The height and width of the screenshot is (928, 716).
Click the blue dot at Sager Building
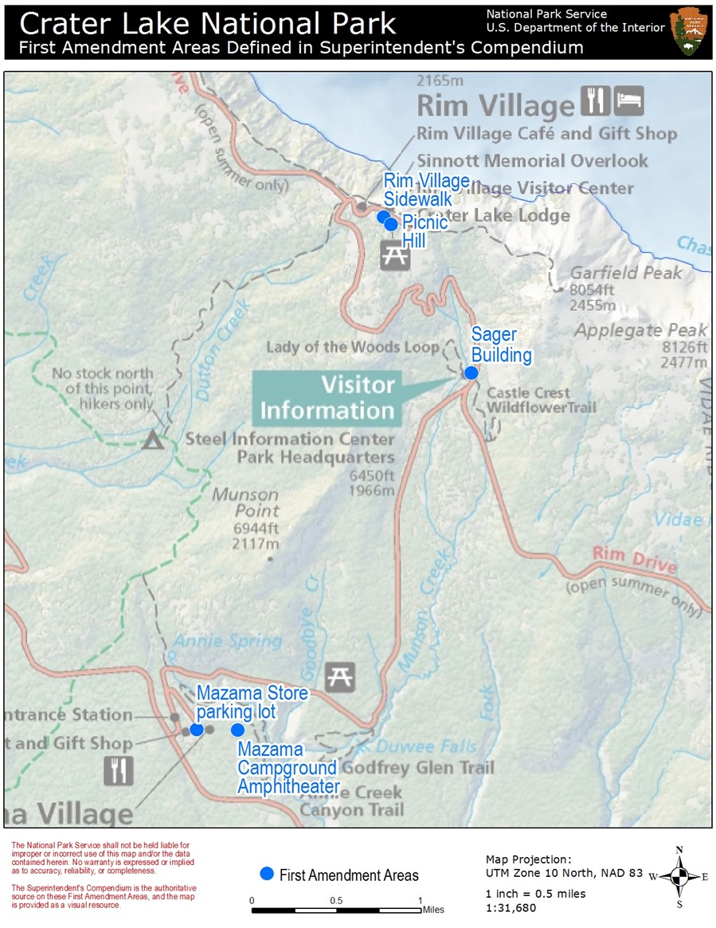click(x=471, y=372)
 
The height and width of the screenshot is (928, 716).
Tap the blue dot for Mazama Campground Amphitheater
click(x=237, y=729)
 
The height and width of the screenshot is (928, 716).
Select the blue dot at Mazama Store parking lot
click(x=197, y=729)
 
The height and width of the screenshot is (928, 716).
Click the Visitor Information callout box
click(x=327, y=398)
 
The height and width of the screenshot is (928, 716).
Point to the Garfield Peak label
click(x=626, y=273)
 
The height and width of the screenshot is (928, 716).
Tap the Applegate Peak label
click(x=641, y=330)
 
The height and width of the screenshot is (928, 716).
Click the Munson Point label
click(x=245, y=503)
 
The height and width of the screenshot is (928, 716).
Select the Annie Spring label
click(x=228, y=640)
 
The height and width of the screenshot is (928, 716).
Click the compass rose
click(x=679, y=877)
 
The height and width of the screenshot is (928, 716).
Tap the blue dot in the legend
click(x=267, y=874)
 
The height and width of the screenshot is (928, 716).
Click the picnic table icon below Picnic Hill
click(x=395, y=254)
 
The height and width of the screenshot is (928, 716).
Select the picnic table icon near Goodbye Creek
click(x=339, y=677)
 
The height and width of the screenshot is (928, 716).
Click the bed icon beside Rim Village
click(x=628, y=101)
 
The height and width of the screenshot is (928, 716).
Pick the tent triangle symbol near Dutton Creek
click(x=153, y=438)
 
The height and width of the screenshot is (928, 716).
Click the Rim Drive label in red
click(x=634, y=560)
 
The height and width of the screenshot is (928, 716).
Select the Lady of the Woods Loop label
click(x=352, y=347)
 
